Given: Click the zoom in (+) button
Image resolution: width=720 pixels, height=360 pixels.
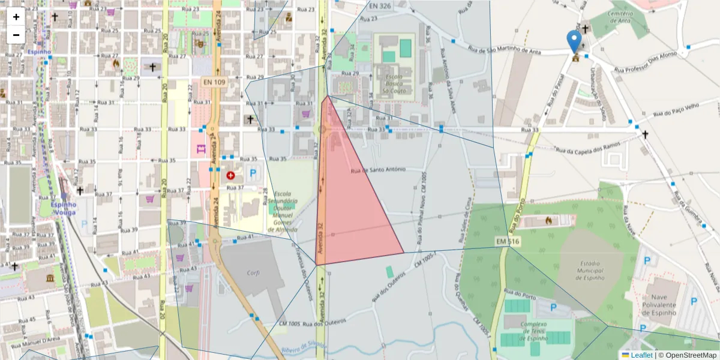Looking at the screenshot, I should point(16,17).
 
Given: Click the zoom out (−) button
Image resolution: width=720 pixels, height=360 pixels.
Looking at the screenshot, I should point(16,35).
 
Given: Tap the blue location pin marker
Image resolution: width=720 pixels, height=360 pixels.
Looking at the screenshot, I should point(574,42).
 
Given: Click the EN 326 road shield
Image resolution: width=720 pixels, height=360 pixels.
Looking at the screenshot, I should point(380,5).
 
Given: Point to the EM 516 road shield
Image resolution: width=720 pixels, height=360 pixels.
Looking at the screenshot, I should point(507,241).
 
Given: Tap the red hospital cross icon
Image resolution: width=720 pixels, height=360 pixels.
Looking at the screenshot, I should point(231,175).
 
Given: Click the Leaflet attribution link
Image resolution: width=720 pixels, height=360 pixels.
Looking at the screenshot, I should point(641,355).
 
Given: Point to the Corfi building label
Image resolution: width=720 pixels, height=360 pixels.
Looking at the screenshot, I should point(253,272).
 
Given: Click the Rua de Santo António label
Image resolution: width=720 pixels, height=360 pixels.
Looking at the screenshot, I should point(378,170).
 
